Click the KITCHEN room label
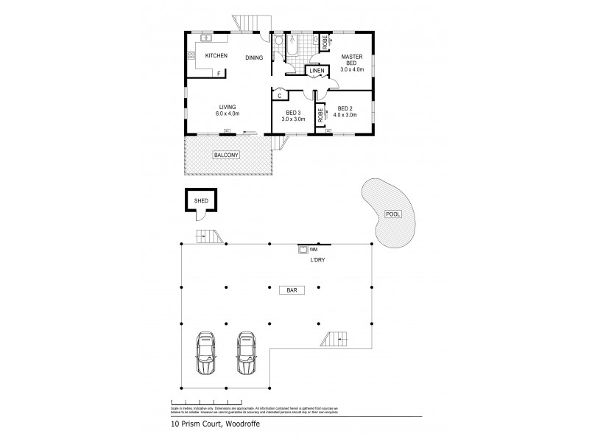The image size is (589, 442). (x=216, y=56)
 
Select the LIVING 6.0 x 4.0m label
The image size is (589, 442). (x=227, y=110)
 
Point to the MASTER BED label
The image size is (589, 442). (x=352, y=60)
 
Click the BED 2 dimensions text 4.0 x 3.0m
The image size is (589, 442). (x=345, y=115)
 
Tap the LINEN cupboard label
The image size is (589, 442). (x=317, y=71)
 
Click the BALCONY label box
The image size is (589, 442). (x=225, y=155)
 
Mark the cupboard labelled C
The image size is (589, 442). (x=280, y=94)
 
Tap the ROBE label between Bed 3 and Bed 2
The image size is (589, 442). (x=321, y=115)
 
